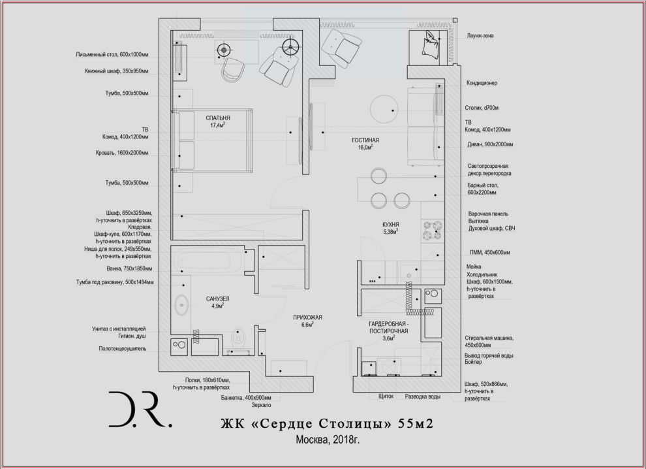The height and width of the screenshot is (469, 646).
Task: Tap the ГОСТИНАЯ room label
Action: click(x=365, y=140)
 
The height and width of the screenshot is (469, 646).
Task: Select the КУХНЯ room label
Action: click(x=391, y=224)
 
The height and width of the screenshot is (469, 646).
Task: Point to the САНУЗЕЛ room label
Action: click(x=217, y=299)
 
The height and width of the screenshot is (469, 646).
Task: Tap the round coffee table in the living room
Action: click(x=383, y=109)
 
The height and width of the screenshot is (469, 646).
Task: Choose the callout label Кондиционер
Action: click(x=482, y=83)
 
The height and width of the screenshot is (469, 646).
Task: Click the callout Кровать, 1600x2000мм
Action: click(x=122, y=154)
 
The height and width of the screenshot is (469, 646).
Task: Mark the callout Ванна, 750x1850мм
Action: click(x=130, y=268)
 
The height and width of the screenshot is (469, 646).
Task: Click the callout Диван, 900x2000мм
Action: click(x=489, y=144)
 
